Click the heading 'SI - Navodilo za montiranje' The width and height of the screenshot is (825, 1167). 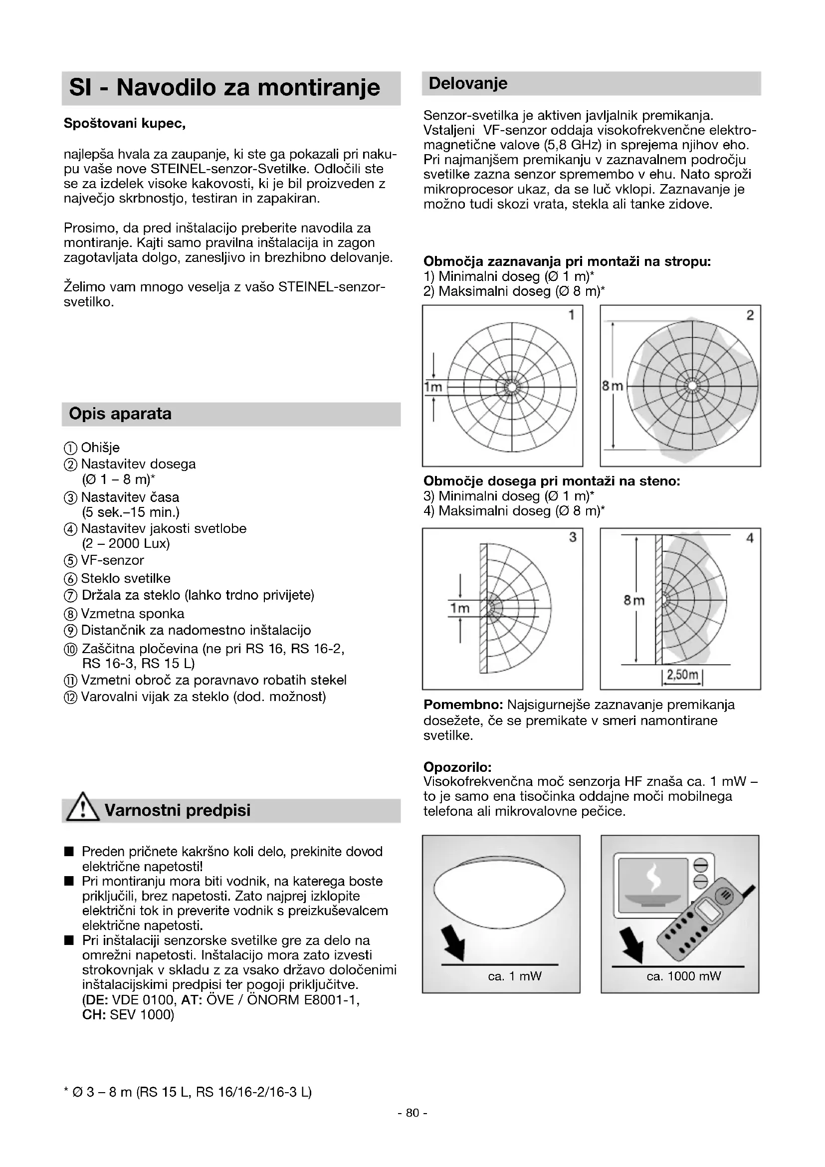pos(224,87)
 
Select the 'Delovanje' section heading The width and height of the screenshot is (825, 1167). pos(468,83)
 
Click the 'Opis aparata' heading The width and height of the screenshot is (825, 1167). pos(120,414)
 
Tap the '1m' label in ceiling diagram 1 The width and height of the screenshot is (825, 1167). pos(433,387)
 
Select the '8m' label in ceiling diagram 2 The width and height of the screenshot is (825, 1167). pos(612,386)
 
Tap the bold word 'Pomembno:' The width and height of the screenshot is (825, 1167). pos(463,705)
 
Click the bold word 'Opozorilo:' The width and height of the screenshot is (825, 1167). pos(457,767)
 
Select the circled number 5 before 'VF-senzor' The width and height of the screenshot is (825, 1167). pos(71,562)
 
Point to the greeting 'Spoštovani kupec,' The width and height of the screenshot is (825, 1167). pos(125,124)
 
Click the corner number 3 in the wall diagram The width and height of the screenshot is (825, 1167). pos(573,538)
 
